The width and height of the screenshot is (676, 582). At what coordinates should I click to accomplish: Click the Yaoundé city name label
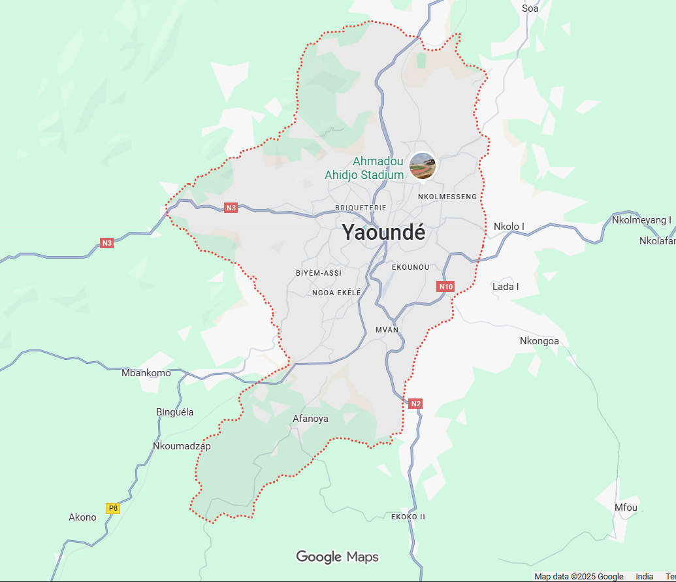384,233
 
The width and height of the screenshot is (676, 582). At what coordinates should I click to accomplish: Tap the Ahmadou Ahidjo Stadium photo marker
423,165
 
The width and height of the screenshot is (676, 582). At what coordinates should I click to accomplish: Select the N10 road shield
445,287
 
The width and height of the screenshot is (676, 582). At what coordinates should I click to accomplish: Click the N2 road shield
415,404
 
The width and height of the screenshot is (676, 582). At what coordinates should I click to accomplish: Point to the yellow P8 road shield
113,508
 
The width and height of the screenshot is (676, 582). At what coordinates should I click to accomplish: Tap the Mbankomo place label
146,373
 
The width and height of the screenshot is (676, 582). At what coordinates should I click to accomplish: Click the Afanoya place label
311,419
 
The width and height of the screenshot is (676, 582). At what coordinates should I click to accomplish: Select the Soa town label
530,8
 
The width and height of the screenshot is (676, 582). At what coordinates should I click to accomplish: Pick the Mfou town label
626,508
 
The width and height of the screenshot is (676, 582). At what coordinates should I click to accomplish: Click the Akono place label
82,517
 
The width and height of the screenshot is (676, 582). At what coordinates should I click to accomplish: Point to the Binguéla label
175,412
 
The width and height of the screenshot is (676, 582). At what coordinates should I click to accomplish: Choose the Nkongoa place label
539,341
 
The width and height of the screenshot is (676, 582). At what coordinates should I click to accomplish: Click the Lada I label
506,287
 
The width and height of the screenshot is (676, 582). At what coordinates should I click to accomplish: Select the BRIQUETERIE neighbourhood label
361,208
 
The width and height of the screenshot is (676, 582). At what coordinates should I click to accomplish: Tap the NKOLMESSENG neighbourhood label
447,197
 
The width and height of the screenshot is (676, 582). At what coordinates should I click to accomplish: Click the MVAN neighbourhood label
387,330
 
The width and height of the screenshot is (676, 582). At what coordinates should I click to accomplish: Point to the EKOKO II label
408,517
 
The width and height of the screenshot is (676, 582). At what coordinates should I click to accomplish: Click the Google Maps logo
337,557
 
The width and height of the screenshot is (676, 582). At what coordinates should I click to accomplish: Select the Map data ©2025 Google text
579,577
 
